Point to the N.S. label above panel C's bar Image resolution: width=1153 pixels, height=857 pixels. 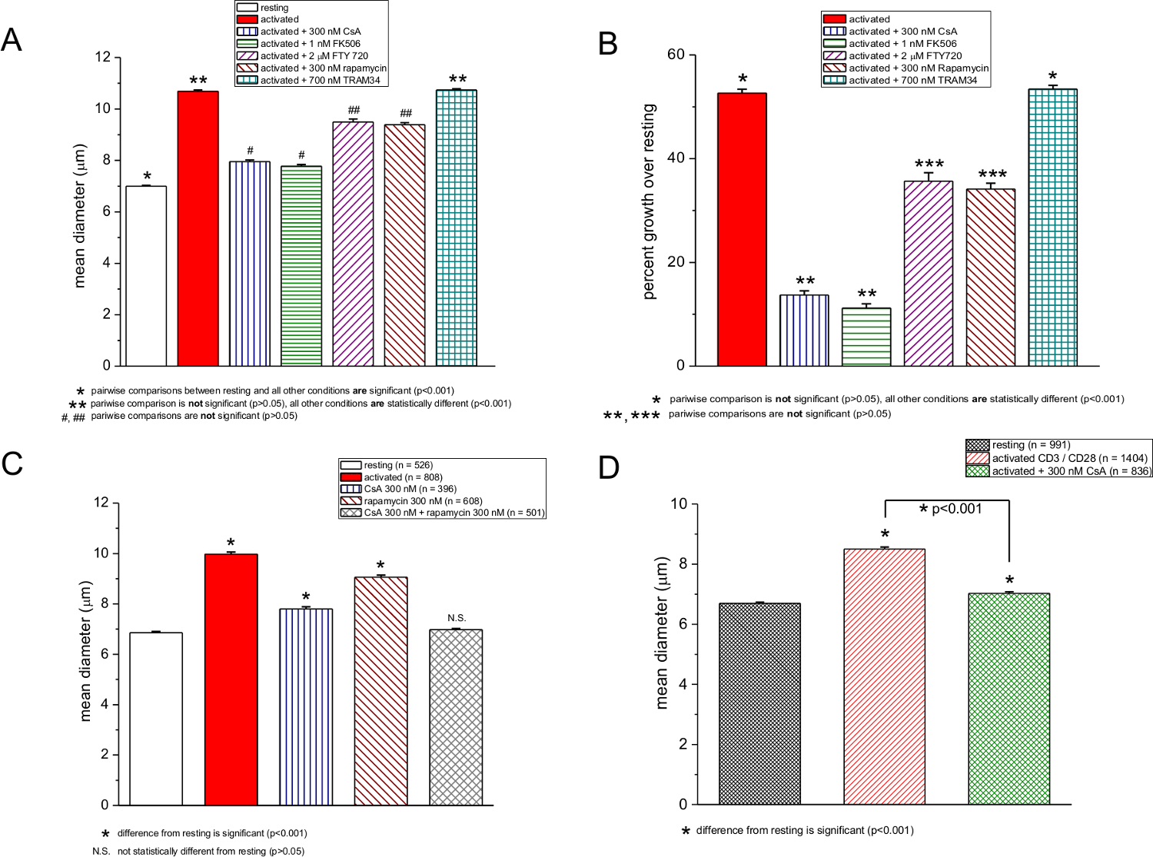(x=457, y=618)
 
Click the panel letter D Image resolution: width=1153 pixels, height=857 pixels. (x=608, y=467)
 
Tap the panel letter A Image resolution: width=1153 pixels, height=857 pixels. (x=12, y=39)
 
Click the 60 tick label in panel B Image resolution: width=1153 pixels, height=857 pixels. (x=676, y=55)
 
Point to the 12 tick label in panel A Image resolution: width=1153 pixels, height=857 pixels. (x=102, y=58)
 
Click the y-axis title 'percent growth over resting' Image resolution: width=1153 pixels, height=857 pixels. (x=649, y=201)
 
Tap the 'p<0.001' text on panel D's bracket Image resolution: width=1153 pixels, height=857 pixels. (x=957, y=509)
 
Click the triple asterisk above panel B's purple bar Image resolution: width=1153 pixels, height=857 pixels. (x=929, y=165)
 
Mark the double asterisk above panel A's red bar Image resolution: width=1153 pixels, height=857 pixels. (x=198, y=81)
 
